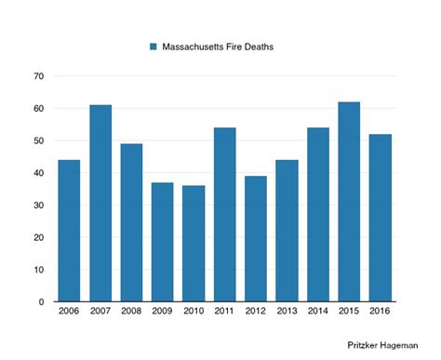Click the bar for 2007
coord(100,204)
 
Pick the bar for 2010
coord(194,244)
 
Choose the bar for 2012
coord(256,239)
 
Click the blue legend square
coord(154,47)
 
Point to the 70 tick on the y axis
coord(37,76)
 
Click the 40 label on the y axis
coord(37,173)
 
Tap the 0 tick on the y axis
coord(40,302)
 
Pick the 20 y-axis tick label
coord(37,238)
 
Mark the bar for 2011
coord(224,215)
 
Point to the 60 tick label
coord(37,109)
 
